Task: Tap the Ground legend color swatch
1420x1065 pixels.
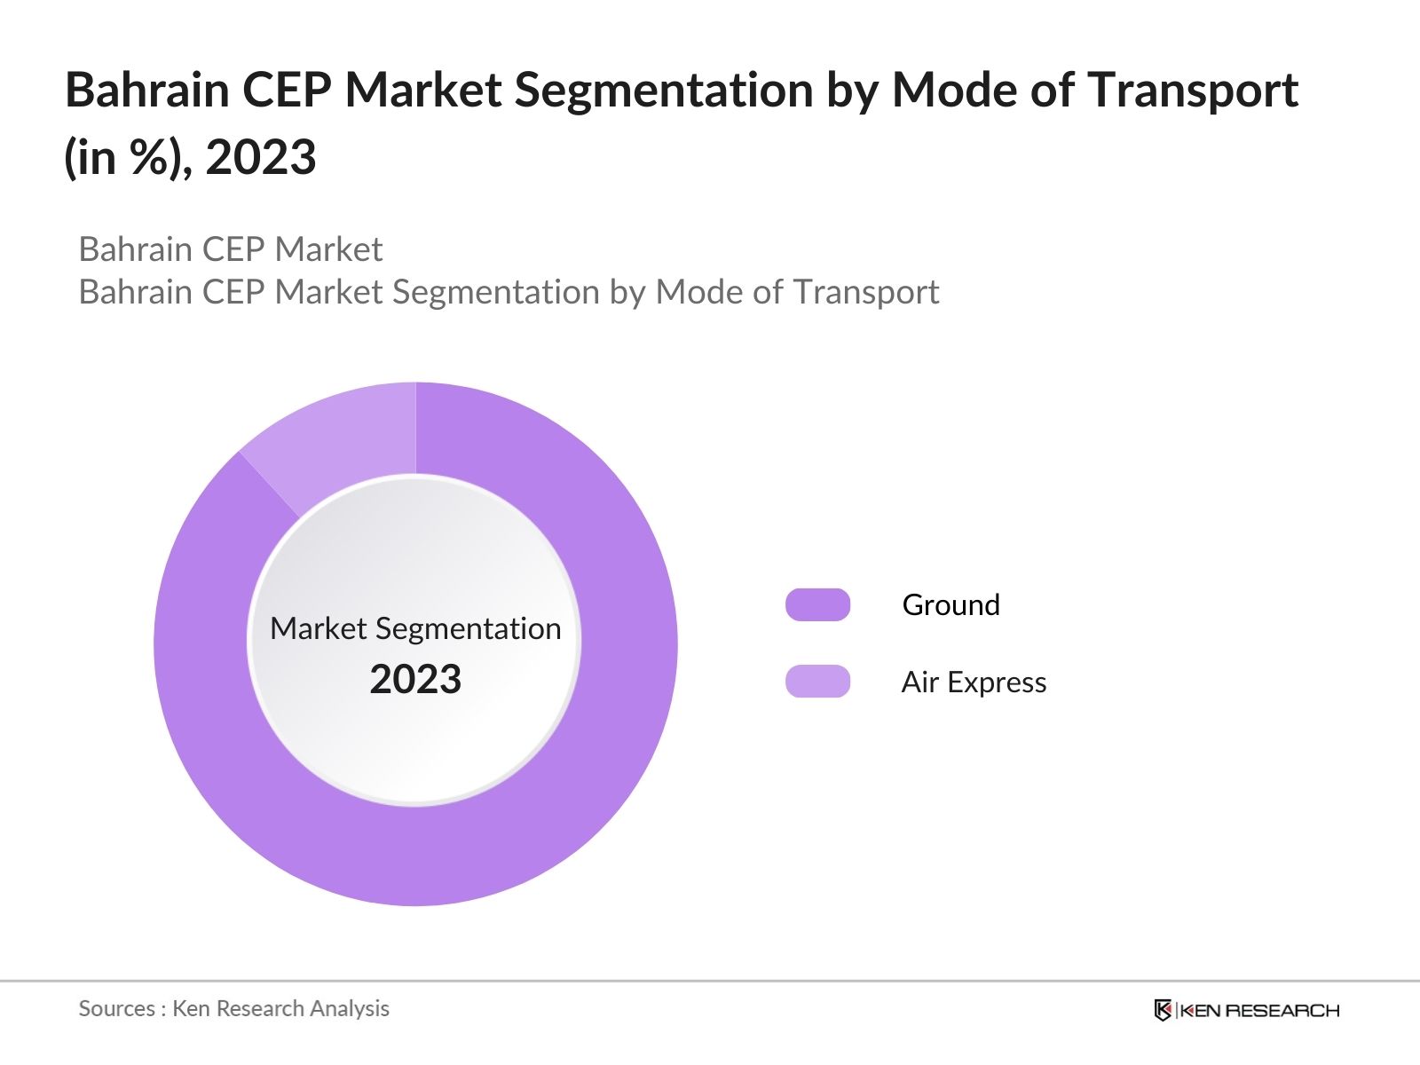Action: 817,604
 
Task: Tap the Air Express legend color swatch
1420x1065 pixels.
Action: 817,681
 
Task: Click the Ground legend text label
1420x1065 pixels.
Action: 951,604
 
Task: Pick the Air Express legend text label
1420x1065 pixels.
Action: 974,682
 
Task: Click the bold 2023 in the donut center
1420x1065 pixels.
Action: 415,679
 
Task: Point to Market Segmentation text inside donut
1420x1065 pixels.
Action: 415,628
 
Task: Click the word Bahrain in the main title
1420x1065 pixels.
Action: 147,90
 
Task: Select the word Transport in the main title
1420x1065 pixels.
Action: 1193,90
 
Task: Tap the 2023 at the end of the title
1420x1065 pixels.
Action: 261,157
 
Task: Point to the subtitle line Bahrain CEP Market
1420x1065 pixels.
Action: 231,249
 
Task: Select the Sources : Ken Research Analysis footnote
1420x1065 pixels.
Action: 233,1008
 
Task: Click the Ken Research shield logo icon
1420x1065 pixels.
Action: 1163,1010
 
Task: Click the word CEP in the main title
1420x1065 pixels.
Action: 286,90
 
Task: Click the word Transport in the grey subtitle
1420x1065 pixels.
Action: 866,292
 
